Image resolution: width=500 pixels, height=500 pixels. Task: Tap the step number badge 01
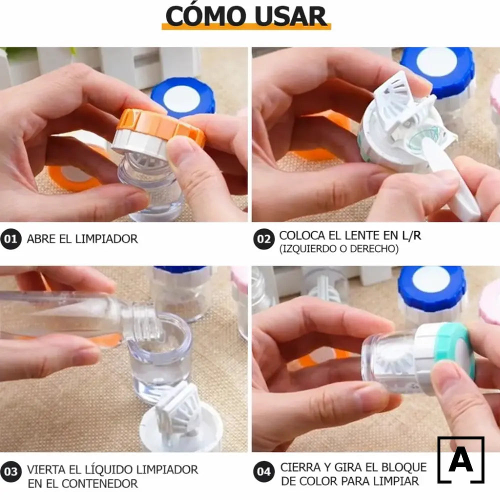click(x=10, y=239)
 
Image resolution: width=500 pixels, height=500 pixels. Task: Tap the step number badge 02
click(x=263, y=239)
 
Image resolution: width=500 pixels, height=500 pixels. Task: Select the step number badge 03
click(x=10, y=471)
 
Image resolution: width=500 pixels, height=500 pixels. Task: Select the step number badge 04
click(x=263, y=471)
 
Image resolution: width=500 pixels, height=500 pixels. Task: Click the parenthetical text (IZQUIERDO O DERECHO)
click(x=338, y=248)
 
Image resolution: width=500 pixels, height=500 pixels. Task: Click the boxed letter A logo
click(x=460, y=460)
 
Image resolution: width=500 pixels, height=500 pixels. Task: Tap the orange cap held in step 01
click(x=160, y=128)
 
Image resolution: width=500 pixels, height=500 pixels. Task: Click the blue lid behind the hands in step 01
click(x=183, y=97)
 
